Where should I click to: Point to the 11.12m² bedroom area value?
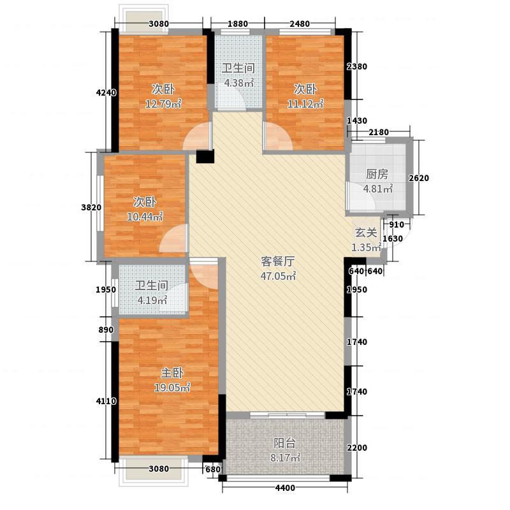308,103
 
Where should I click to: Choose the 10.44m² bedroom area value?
145,217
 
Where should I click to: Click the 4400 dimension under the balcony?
286,488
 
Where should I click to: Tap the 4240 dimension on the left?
106,93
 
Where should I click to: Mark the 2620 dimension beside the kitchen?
419,178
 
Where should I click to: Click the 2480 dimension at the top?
299,24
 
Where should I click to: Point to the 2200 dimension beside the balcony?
356,448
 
